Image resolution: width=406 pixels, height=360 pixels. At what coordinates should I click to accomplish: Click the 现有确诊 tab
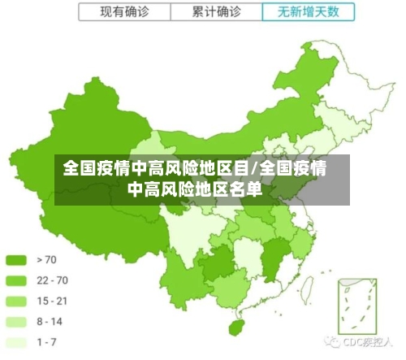(124, 12)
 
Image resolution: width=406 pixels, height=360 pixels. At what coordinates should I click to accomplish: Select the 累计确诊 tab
(217, 12)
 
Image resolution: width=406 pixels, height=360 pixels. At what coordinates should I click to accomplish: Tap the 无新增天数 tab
(309, 12)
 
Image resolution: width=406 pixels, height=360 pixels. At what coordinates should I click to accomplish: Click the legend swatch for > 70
(16, 260)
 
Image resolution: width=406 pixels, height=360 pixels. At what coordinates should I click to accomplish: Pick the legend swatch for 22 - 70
(16, 280)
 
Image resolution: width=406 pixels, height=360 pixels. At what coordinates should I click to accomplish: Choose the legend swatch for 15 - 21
(16, 301)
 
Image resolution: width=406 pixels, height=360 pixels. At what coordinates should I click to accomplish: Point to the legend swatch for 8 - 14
(16, 322)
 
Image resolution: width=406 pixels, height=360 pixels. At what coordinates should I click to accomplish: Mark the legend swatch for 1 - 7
(16, 342)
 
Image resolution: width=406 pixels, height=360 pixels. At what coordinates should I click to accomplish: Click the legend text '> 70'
(47, 260)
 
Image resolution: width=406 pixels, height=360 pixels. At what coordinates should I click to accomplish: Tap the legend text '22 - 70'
(53, 280)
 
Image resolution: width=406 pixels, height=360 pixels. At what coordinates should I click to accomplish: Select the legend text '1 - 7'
(46, 342)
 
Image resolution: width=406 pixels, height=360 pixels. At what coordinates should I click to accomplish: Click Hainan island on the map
(236, 327)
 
